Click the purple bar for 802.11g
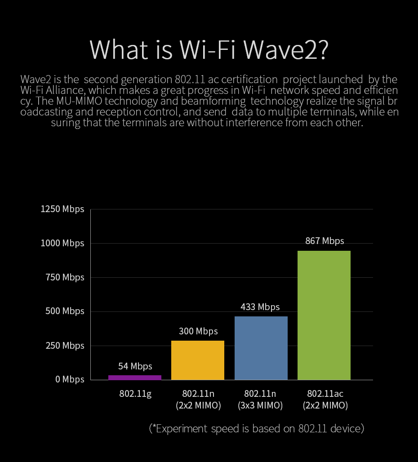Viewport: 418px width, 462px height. click(135, 378)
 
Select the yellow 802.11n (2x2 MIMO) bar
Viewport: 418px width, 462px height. click(198, 360)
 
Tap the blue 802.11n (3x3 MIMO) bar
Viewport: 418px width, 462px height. click(261, 348)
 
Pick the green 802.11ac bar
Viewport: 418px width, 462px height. click(324, 315)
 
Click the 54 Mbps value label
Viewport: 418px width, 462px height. click(135, 366)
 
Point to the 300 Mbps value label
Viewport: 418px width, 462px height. click(198, 331)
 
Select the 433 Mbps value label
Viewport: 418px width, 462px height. click(260, 307)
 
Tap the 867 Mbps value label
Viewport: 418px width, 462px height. click(325, 241)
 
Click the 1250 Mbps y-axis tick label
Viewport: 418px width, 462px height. click(62, 209)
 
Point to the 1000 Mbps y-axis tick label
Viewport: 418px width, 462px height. click(62, 243)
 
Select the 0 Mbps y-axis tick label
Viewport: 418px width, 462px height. click(70, 379)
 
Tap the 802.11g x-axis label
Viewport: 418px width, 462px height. click(135, 394)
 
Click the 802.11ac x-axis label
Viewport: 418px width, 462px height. click(325, 394)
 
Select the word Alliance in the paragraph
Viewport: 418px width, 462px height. click(65, 90)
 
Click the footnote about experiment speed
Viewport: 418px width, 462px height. click(256, 428)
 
